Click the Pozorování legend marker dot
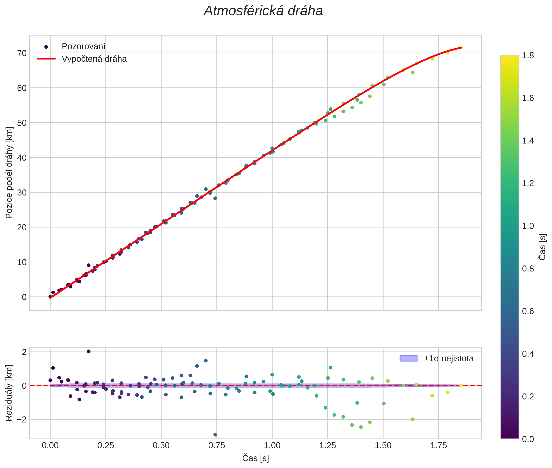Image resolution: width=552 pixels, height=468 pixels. click(46, 47)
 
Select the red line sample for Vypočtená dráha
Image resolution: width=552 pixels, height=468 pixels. click(46, 59)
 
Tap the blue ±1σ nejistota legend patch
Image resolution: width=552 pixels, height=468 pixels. click(408, 358)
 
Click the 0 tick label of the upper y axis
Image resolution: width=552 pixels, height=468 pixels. click(24, 297)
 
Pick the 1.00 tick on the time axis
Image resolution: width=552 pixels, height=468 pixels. click(272, 445)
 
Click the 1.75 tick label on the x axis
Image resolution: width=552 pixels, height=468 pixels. click(438, 445)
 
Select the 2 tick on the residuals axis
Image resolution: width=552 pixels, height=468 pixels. click(24, 352)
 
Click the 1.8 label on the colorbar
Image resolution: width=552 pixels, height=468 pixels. click(528, 55)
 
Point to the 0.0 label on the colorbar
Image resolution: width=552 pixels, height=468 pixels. click(528, 439)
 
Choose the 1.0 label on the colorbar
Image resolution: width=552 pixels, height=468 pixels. click(528, 226)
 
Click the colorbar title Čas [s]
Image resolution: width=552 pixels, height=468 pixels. click(542, 247)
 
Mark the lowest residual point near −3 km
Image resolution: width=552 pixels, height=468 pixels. click(215, 435)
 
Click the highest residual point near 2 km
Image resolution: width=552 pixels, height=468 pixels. click(89, 351)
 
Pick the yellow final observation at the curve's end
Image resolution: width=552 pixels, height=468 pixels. click(461, 48)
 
